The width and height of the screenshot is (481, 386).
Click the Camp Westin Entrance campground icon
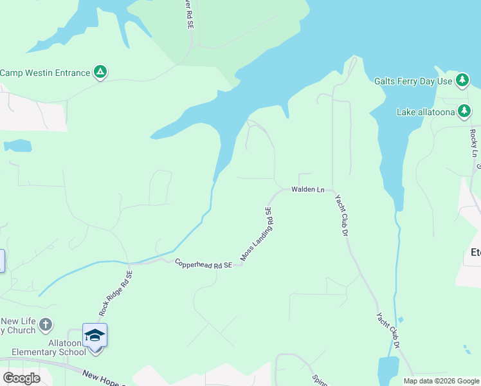click(100, 72)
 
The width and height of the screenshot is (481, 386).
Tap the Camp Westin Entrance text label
click(45, 73)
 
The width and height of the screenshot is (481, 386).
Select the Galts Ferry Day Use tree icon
click(462, 80)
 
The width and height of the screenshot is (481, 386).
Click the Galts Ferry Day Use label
click(413, 81)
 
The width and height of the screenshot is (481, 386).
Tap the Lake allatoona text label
click(425, 112)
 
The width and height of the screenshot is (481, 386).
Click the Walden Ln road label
click(308, 189)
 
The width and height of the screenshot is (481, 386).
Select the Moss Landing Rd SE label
click(257, 234)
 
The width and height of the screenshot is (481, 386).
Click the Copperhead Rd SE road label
click(203, 264)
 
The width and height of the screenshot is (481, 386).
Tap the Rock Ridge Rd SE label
click(116, 293)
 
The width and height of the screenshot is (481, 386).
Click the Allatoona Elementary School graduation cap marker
click(95, 335)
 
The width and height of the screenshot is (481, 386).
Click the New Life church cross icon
click(46, 324)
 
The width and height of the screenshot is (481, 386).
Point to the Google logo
click(21, 378)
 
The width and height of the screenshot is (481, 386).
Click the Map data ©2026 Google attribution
click(440, 381)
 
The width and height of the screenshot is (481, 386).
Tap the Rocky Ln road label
click(473, 143)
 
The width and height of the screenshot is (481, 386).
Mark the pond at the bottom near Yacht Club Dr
click(388, 369)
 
